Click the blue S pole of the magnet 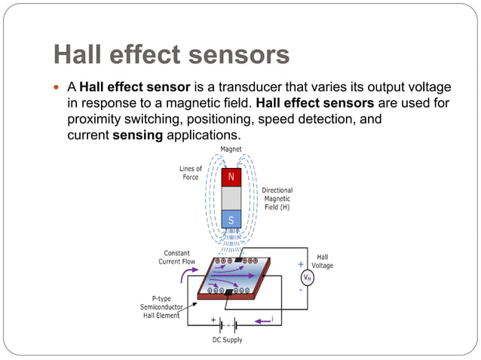click(231, 220)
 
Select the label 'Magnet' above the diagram click(231, 149)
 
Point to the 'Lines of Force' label click(191, 173)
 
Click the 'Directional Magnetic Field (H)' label click(277, 198)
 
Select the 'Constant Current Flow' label click(177, 257)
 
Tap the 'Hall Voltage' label click(322, 261)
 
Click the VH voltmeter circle click(307, 276)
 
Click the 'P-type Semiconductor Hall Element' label click(160, 307)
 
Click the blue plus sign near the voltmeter click(301, 264)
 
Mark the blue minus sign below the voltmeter click(302, 290)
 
